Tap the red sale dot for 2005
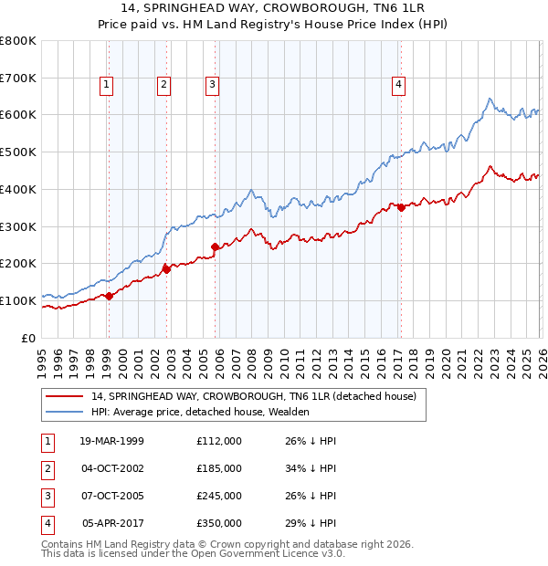[216, 246]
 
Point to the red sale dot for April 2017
[400, 207]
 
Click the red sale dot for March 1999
[109, 296]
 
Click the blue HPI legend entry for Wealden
[200, 412]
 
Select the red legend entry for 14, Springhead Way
[253, 396]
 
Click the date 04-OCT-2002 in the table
[111, 468]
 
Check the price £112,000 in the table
[218, 441]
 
